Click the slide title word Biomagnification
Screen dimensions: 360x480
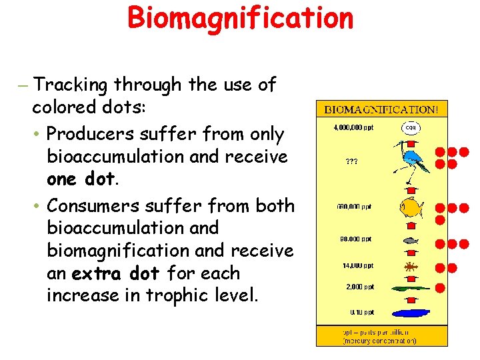(x=240, y=18)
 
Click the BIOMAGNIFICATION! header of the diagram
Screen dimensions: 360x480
(x=382, y=109)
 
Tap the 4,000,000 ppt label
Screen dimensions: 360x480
(x=353, y=128)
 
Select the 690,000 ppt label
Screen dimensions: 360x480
(x=354, y=207)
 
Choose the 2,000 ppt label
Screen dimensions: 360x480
(x=360, y=287)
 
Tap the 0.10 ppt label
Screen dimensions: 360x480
(x=361, y=312)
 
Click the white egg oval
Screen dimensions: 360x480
(x=411, y=127)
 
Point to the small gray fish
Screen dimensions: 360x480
(x=411, y=240)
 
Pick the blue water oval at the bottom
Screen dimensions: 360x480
(x=411, y=311)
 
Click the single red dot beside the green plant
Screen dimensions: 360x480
(x=440, y=288)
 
